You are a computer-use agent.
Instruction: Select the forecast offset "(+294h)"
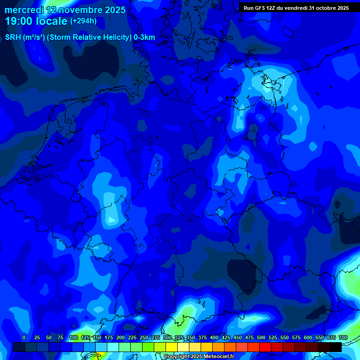click(83, 21)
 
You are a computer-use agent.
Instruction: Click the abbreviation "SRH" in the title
click(13, 37)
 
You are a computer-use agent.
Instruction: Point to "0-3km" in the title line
click(144, 37)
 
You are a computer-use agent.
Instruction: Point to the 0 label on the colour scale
click(24, 338)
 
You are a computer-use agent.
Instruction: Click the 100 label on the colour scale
click(74, 338)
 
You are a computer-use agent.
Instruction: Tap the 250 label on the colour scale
click(144, 338)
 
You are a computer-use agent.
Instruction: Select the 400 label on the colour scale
click(214, 338)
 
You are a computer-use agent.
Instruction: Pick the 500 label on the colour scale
click(261, 338)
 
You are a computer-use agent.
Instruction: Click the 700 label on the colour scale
click(343, 338)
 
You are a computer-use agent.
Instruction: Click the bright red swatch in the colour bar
click(265, 347)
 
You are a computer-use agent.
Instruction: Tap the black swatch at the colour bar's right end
click(335, 347)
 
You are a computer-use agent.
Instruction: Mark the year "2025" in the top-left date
click(113, 10)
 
